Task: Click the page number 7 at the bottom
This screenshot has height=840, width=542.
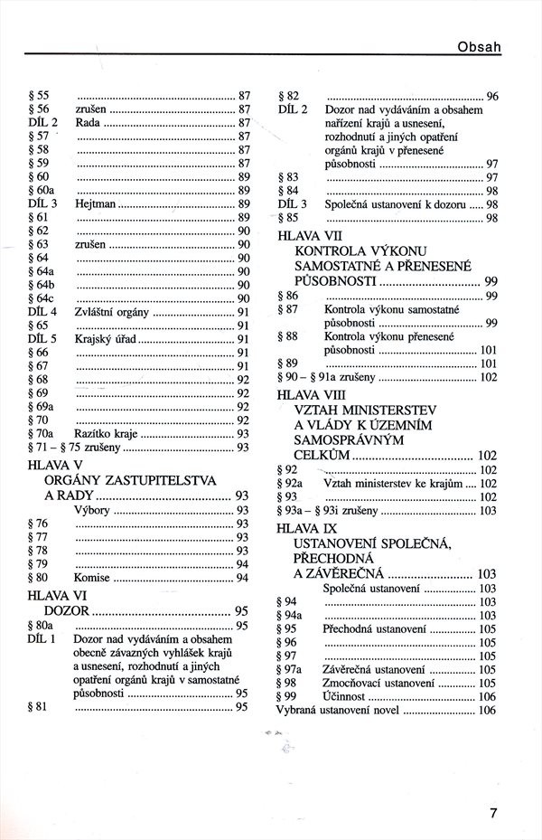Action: (493, 811)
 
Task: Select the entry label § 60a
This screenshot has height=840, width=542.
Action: (42, 191)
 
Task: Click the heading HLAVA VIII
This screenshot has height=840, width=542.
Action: (312, 395)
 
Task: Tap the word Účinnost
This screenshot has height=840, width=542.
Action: (345, 696)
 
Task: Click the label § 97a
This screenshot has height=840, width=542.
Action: (292, 670)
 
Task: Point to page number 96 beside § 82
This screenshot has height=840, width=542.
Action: (492, 97)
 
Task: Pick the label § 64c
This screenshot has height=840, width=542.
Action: (42, 298)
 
